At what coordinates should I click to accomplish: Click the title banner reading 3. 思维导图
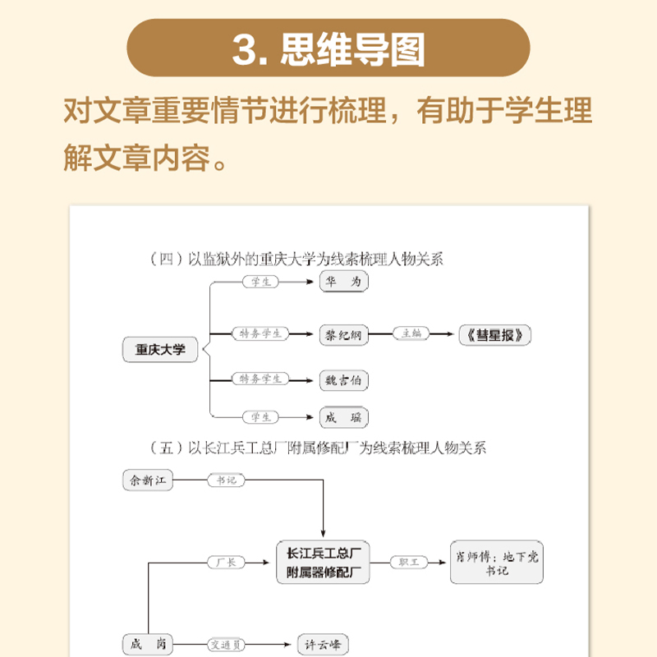click(328, 49)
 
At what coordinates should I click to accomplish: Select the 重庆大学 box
click(160, 349)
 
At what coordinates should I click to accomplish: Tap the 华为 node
click(344, 282)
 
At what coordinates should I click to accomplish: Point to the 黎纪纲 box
click(344, 334)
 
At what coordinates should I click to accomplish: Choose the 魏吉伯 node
click(344, 379)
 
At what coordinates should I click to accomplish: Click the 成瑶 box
click(344, 416)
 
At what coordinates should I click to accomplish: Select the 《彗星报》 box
click(495, 334)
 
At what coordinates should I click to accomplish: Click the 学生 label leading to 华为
click(261, 282)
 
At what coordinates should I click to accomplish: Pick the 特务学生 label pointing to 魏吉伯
click(261, 379)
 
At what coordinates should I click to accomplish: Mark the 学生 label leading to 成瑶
click(261, 416)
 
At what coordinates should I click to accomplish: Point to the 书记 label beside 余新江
click(221, 480)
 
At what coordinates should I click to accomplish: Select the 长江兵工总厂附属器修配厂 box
click(323, 561)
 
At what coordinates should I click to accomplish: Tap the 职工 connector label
click(409, 561)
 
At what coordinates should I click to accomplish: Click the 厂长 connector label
click(225, 562)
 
